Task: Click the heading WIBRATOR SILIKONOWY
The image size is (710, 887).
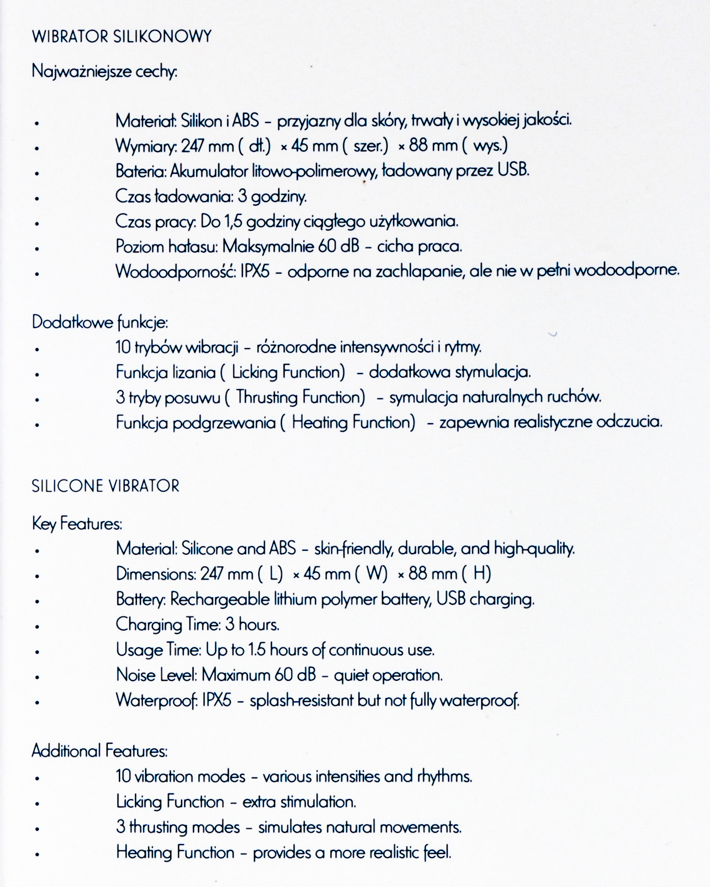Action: pyautogui.click(x=122, y=36)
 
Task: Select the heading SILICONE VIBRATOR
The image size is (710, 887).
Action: pyautogui.click(x=106, y=486)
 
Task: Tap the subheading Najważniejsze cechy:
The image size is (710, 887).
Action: pyautogui.click(x=105, y=71)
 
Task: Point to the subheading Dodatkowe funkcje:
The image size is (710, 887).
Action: pyautogui.click(x=100, y=322)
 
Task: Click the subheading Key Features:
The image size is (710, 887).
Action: pyautogui.click(x=77, y=524)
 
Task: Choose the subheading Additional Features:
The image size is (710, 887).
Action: pyautogui.click(x=100, y=751)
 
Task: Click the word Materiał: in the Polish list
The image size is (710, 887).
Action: pyautogui.click(x=146, y=121)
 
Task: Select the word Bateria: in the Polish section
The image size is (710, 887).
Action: pyautogui.click(x=141, y=171)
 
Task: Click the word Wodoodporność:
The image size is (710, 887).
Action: pyautogui.click(x=176, y=271)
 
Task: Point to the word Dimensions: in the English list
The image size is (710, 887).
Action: pyautogui.click(x=156, y=574)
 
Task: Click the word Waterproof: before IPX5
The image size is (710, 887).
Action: pyautogui.click(x=157, y=701)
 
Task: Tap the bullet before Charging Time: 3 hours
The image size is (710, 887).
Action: pyautogui.click(x=37, y=627)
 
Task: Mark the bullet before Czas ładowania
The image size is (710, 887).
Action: pyautogui.click(x=37, y=198)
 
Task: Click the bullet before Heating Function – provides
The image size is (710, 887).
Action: pyautogui.click(x=37, y=854)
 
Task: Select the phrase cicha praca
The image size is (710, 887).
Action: pyautogui.click(x=420, y=247)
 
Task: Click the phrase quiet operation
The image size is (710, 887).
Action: pyautogui.click(x=388, y=675)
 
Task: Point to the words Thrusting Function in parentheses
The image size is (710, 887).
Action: pyautogui.click(x=300, y=397)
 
